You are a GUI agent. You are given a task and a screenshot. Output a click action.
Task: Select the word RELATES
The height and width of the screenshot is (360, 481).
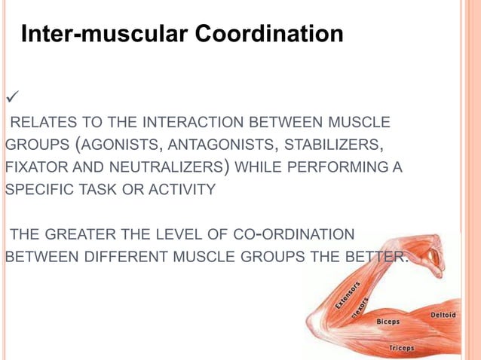point(38,122)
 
